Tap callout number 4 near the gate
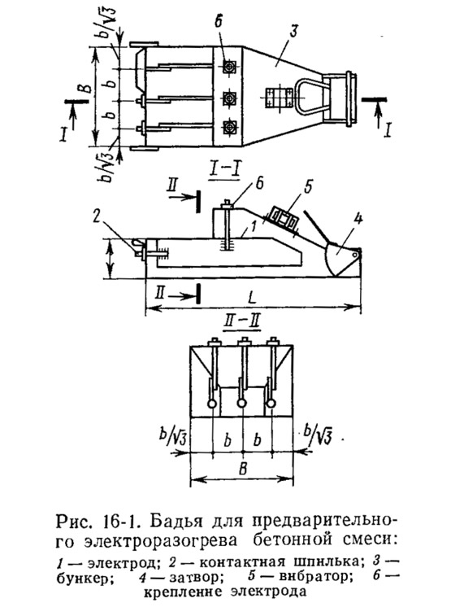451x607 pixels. click(358, 220)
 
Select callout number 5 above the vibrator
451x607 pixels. click(308, 187)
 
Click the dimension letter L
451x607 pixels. click(252, 299)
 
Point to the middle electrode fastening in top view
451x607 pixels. click(230, 97)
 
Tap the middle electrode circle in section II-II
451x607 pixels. click(242, 404)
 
